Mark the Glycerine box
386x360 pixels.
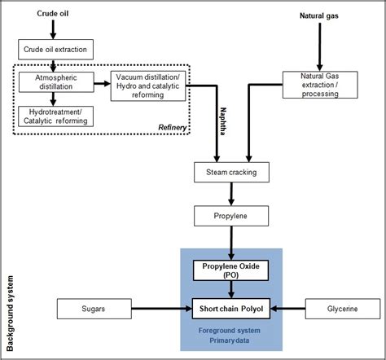pos(342,309)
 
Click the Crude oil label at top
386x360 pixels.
pos(54,14)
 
